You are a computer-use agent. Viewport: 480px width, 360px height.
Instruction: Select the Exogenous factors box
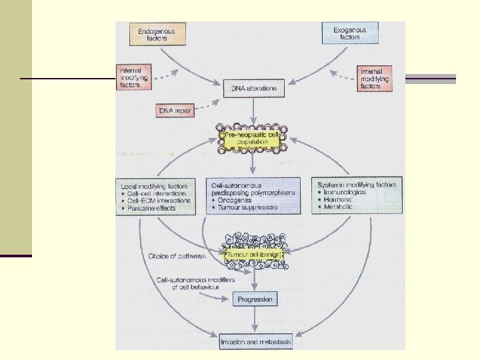click(349, 33)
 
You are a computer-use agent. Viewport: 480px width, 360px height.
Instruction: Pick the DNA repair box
click(176, 110)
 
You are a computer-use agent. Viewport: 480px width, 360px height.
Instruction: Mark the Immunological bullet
click(347, 192)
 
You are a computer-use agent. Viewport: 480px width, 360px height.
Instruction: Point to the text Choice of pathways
click(177, 255)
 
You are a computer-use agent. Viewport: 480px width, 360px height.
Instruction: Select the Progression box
click(255, 299)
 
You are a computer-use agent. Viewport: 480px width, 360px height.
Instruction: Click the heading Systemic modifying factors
click(357, 184)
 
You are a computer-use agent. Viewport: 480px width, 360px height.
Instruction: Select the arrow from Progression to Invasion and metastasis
click(255, 321)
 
